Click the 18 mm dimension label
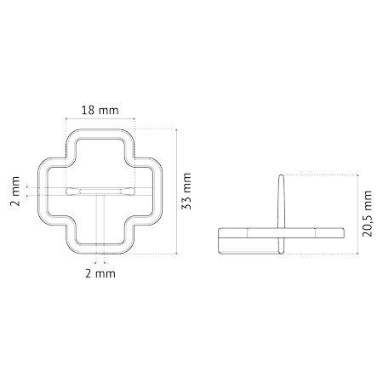pos(100,110)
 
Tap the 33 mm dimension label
pos(186,191)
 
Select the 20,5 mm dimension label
pos(367,214)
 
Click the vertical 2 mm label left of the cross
pos(15,191)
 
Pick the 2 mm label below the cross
pos(100,274)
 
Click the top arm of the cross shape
pos(100,134)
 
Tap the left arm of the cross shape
pos(43,191)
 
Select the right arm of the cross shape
pos(158,191)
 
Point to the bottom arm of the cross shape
pos(100,249)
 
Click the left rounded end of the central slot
pos(68,191)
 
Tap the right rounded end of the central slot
pos(132,191)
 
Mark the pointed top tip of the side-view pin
pos(281,174)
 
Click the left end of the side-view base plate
pos(219,241)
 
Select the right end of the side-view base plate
pos(343,232)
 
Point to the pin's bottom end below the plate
pos(281,253)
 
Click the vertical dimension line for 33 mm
pos(177,191)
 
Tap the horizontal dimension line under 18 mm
pos(100,119)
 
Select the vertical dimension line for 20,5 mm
pos(357,214)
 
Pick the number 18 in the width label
pos(88,110)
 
